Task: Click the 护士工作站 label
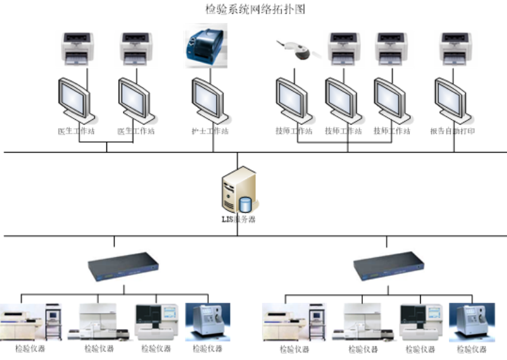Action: point(209,131)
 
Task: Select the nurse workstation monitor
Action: point(206,98)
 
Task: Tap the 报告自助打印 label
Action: point(452,131)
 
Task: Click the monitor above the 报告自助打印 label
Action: point(449,98)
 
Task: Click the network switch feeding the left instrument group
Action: point(124,265)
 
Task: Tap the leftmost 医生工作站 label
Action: point(76,131)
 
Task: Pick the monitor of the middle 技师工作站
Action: point(341,98)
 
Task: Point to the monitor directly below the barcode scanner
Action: point(292,98)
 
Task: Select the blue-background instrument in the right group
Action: point(471,322)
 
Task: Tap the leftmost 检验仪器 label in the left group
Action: point(31,349)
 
